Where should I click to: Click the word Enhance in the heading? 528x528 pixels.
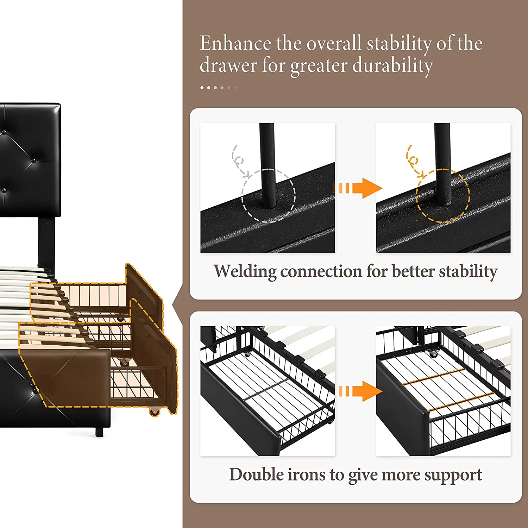[235, 44]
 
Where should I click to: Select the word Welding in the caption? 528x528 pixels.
[245, 271]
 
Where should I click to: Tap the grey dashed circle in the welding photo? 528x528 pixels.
[269, 196]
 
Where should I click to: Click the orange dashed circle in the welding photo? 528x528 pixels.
[443, 196]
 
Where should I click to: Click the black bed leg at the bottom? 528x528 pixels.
[100, 431]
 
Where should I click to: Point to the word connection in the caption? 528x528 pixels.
[321, 271]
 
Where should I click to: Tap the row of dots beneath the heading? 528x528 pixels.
[218, 88]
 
